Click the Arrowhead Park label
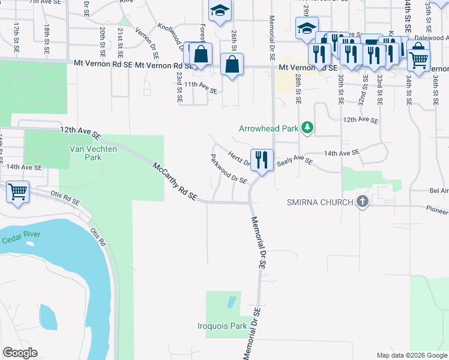[x=268, y=128]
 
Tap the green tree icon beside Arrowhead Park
[x=307, y=127]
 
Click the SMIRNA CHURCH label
[x=320, y=202]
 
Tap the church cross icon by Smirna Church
[x=362, y=202]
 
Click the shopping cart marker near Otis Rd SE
[x=18, y=193]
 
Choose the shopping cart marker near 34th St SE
[x=418, y=59]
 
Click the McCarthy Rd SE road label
[x=175, y=181]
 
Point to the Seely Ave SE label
[x=294, y=161]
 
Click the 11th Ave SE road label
[x=200, y=88]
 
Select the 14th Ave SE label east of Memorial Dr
[x=341, y=152]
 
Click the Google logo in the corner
[x=20, y=353]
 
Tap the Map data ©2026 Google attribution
[x=411, y=355]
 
